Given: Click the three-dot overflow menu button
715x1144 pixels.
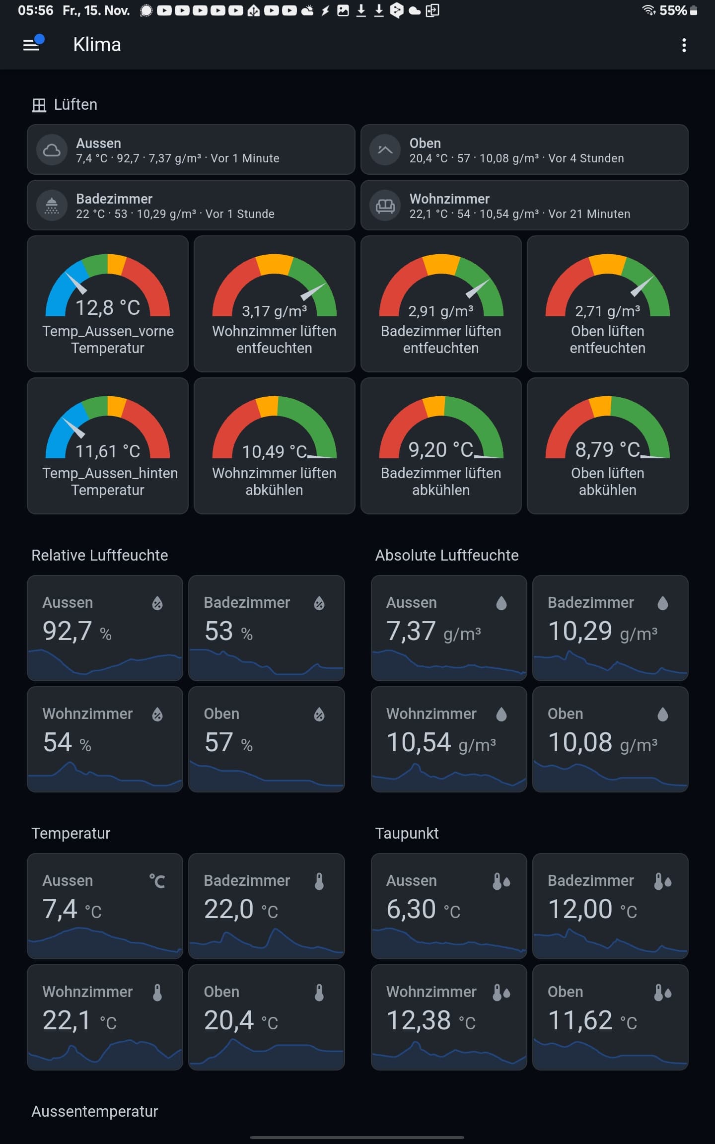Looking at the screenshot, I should [684, 45].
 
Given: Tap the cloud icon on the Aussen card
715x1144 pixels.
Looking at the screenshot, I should [52, 150].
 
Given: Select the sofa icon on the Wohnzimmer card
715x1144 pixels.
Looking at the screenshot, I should [385, 206].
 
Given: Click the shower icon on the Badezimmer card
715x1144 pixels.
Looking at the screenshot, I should [52, 206].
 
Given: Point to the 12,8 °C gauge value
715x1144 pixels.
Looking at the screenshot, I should [107, 308].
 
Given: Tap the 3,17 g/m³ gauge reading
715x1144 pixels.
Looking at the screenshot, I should [274, 311].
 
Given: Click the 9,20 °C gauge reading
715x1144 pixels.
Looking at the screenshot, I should [441, 450].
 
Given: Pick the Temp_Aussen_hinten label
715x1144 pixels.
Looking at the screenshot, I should [110, 473].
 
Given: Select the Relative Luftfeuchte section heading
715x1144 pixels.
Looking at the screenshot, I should [100, 555].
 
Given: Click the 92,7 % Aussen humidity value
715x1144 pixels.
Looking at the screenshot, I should [77, 632].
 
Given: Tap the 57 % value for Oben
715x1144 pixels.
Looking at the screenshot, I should [228, 743].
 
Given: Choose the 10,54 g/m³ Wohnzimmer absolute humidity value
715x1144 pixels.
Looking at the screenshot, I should [441, 743].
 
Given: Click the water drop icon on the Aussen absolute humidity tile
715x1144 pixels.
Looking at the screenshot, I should [501, 603].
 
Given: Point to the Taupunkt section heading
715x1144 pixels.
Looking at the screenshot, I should [407, 833].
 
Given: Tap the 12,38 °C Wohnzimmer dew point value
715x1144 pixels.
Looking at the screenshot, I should [430, 1021].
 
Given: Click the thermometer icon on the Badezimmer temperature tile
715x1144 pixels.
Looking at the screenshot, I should [319, 881].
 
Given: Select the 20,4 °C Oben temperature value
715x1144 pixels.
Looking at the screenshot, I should [241, 1021].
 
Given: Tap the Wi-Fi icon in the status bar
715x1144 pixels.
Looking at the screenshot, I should [648, 10].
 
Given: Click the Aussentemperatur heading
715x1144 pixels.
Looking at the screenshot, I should [95, 1111].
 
